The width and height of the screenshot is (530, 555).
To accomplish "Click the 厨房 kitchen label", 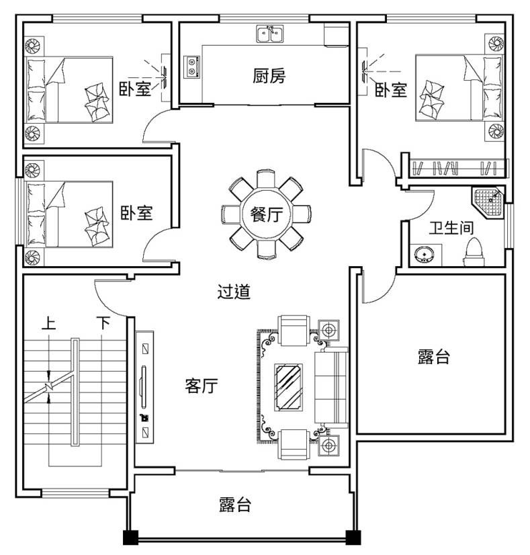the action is tap(269, 76).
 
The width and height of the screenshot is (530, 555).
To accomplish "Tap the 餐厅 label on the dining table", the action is tap(267, 214).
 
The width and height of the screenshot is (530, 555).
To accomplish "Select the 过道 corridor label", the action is tap(234, 292).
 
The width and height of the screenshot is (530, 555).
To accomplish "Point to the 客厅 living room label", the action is tap(202, 386).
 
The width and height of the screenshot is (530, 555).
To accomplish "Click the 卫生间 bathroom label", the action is tap(451, 228).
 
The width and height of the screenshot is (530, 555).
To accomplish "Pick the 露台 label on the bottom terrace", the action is tap(235, 505).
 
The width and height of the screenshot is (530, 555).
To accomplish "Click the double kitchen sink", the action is tap(270, 34).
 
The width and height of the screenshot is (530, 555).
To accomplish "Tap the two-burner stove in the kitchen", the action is tap(191, 67).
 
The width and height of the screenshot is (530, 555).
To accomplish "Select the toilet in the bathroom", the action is tap(474, 253).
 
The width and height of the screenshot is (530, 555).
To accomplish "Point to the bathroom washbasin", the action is tap(425, 255).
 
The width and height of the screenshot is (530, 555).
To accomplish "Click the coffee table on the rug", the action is tap(289, 388).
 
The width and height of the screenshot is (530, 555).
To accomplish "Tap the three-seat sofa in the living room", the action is tap(331, 388).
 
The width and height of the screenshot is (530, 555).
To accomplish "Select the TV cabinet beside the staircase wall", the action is tap(144, 387).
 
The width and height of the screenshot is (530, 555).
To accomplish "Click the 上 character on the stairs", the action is tap(48, 323).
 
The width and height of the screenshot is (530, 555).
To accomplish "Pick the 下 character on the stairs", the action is tap(103, 323).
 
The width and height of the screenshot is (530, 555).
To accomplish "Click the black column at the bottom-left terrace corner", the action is tap(130, 538).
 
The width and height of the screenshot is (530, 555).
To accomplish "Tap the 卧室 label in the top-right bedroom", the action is tap(391, 90).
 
